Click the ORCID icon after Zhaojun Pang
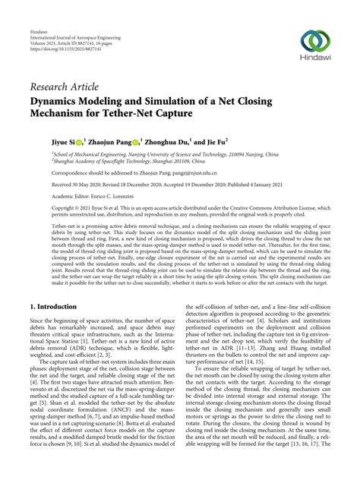(137, 141)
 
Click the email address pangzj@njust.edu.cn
(177, 172)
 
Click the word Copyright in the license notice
(45, 206)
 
